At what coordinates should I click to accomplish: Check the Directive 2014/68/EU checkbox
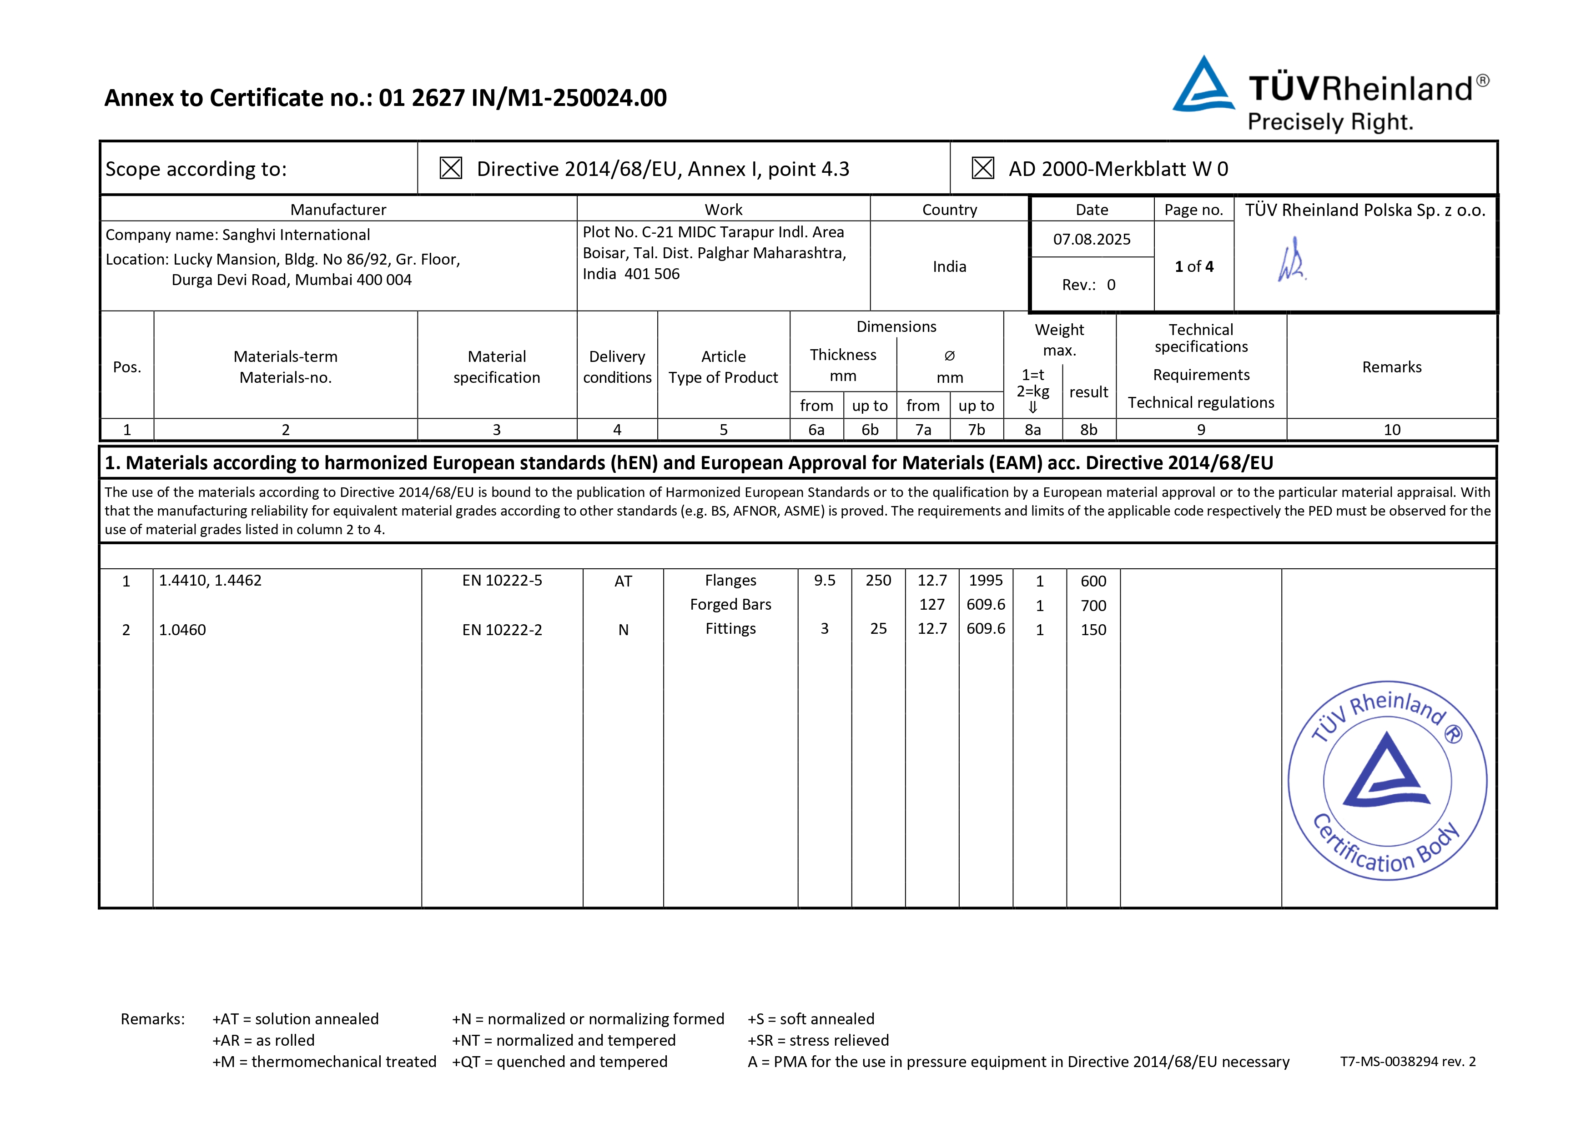pos(450,168)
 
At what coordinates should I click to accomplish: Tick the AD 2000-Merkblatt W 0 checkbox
pos(982,168)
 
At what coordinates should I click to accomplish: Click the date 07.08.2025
pos(1091,240)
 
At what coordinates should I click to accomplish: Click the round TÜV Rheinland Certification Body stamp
pos(1387,781)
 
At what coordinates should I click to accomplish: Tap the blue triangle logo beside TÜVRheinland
pos(1203,85)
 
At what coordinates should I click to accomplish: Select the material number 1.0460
pos(182,630)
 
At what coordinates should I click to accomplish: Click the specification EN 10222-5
pos(502,580)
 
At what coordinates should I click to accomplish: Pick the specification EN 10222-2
pos(502,630)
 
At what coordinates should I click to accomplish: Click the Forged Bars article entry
pos(730,605)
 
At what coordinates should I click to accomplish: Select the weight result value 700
pos(1093,605)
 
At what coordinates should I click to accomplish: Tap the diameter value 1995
pos(986,580)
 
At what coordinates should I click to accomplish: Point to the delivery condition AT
pos(623,581)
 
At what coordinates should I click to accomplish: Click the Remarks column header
pos(1392,367)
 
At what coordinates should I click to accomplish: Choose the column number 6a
pos(816,430)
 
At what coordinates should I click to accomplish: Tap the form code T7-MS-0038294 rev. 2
pos(1408,1061)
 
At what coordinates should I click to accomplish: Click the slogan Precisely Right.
pos(1330,122)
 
